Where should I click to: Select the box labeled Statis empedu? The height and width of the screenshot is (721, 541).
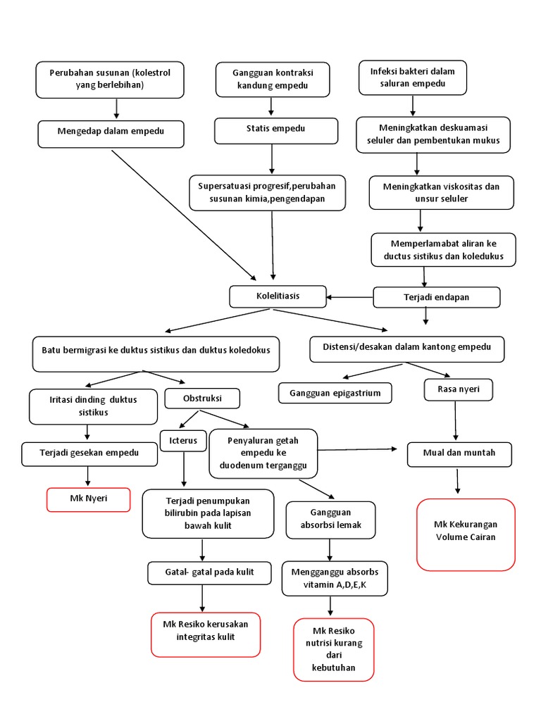(x=271, y=130)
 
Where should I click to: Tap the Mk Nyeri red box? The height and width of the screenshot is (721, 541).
(x=89, y=499)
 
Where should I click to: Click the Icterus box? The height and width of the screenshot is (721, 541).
(x=184, y=441)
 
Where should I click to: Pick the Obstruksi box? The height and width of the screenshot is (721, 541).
(x=202, y=399)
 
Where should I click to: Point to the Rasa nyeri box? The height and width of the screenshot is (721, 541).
(x=459, y=389)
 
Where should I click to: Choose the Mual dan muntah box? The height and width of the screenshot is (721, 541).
(x=459, y=453)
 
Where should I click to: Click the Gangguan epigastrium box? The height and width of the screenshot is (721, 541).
(x=335, y=393)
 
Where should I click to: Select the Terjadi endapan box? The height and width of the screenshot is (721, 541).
(x=436, y=297)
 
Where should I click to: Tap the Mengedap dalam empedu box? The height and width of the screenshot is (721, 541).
(x=111, y=134)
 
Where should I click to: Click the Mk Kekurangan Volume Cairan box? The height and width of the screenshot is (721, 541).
(x=466, y=534)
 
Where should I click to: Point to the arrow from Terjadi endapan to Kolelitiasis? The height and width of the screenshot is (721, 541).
(x=349, y=297)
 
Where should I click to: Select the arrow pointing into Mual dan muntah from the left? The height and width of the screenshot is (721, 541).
(x=359, y=449)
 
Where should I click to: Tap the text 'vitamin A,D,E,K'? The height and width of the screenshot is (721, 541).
(x=335, y=584)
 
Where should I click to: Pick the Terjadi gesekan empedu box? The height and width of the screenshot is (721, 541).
(x=89, y=453)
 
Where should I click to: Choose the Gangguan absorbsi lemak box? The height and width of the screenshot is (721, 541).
(x=330, y=519)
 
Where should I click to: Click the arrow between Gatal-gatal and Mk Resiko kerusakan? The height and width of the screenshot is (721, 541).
(x=203, y=597)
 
